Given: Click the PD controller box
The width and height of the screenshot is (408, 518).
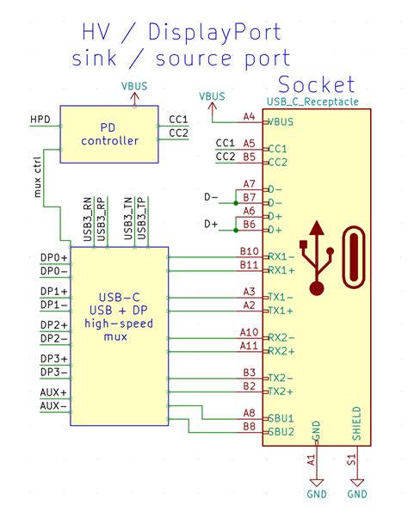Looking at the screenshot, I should point(108,133).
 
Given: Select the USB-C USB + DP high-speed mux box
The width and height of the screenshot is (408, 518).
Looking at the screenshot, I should point(119,336).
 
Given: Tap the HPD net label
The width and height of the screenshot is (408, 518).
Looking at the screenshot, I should point(40,119).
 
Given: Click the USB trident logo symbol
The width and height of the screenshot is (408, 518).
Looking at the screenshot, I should point(318,259).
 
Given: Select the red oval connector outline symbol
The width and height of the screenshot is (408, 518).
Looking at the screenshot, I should point(355,259).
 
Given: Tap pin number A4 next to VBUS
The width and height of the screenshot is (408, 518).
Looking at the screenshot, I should point(249,116).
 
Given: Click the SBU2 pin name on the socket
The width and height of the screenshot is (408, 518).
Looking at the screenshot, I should point(281,432).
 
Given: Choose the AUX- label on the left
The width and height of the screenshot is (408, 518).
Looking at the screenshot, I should point(53,405).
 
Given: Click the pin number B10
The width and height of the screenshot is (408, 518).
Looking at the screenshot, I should point(249,251).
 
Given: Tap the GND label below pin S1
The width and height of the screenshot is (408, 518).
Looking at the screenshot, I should point(356,494).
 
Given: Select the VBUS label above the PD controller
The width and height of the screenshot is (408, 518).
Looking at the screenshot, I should point(133,86).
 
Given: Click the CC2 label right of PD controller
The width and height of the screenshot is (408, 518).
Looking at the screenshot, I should point(179,133).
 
